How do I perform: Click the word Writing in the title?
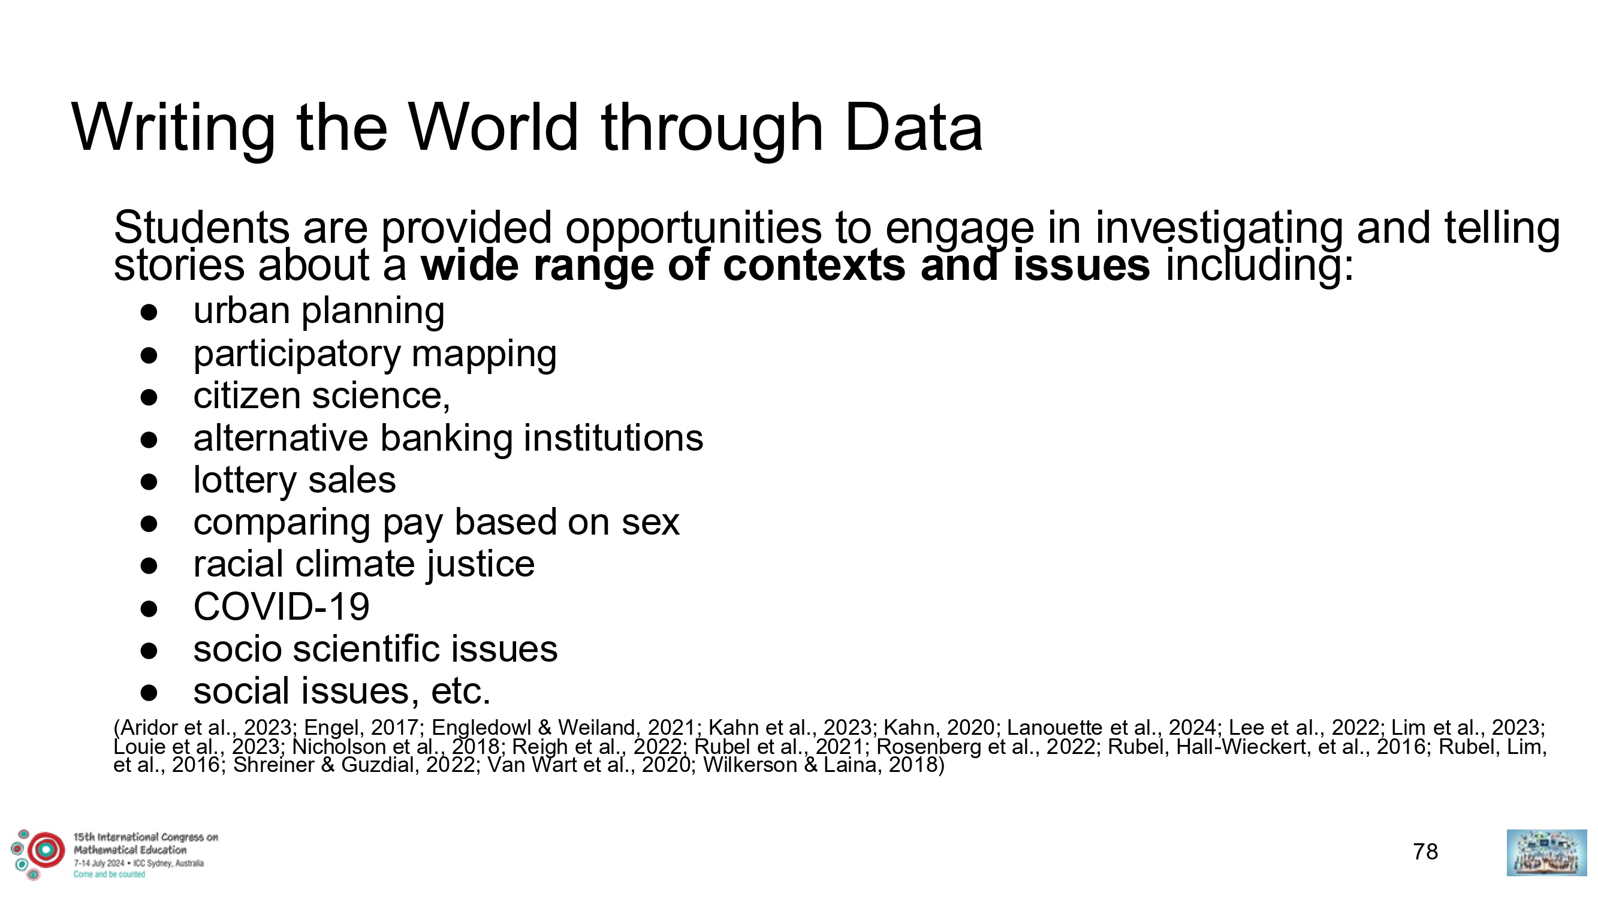(x=173, y=129)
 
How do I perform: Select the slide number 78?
(x=1425, y=852)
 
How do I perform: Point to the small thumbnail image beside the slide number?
(x=1546, y=852)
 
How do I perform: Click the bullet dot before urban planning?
(x=149, y=313)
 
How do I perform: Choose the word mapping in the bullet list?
(x=484, y=355)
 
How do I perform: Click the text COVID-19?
(x=282, y=607)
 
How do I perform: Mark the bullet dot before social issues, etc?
(x=149, y=693)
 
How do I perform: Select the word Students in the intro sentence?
(x=201, y=227)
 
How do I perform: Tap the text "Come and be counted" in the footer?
(x=109, y=875)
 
